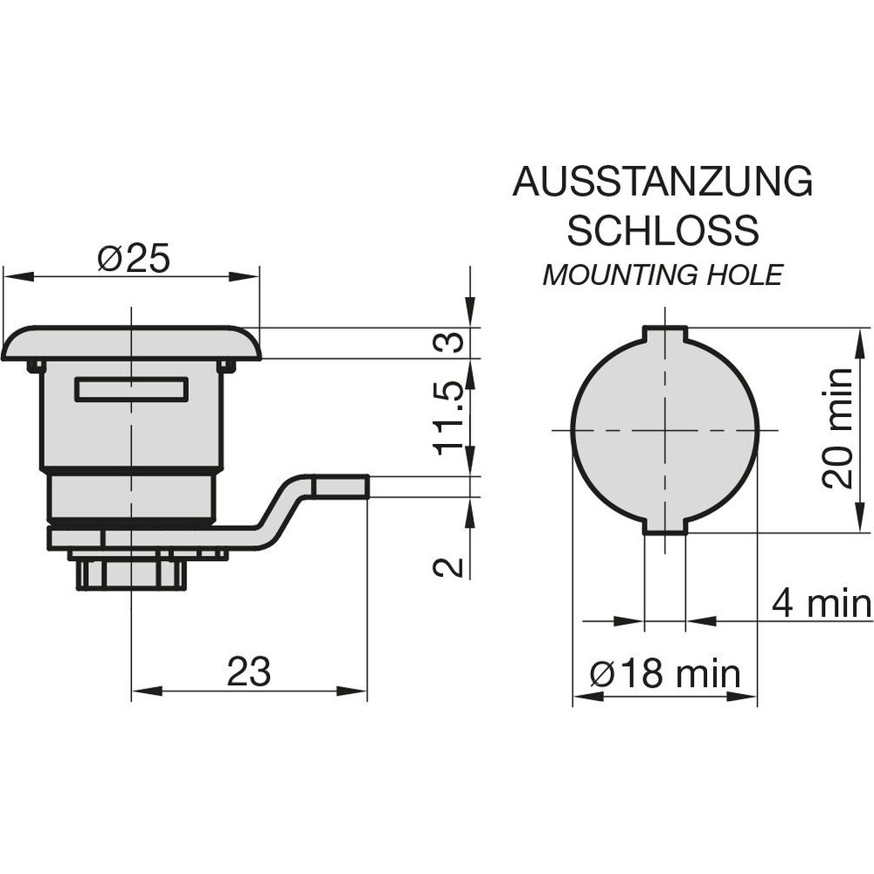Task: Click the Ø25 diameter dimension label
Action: click(133, 260)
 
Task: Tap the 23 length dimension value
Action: click(248, 671)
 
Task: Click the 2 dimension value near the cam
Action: click(448, 567)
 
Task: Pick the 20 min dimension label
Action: click(838, 428)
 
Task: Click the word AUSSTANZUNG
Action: click(662, 181)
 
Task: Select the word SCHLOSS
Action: click(662, 230)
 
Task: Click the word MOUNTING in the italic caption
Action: click(620, 274)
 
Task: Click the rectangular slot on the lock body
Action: click(132, 389)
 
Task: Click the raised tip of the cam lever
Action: click(340, 486)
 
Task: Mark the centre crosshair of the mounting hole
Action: click(665, 430)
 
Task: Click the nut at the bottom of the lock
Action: click(131, 574)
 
